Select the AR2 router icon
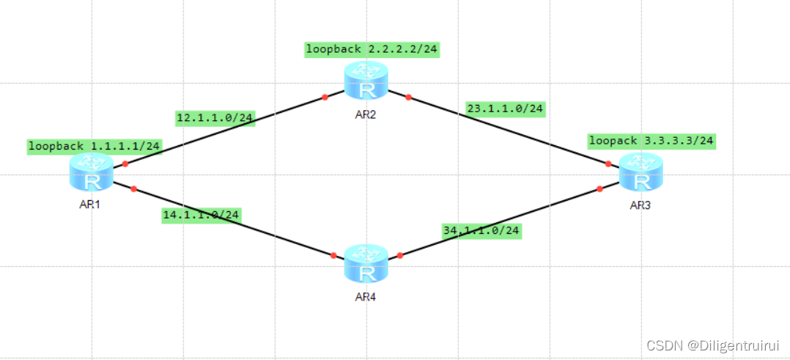pyautogui.click(x=366, y=81)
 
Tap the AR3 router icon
pyautogui.click(x=640, y=174)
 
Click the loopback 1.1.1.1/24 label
pyautogui.click(x=95, y=146)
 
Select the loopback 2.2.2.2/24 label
pyautogui.click(x=372, y=50)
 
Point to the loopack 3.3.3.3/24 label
pyautogui.click(x=652, y=140)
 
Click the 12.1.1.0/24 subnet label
pyautogui.click(x=215, y=118)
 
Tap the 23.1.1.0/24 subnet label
pyautogui.click(x=505, y=109)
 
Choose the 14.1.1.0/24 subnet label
pyautogui.click(x=202, y=215)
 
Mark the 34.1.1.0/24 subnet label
pyautogui.click(x=481, y=230)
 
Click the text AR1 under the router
pyautogui.click(x=89, y=204)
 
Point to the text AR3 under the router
pyautogui.click(x=640, y=205)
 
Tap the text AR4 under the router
pyautogui.click(x=365, y=297)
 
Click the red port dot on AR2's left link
pyautogui.click(x=325, y=97)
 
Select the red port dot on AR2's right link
pyautogui.click(x=408, y=97)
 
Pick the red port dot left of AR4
pyautogui.click(x=333, y=255)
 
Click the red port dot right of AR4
pyautogui.click(x=400, y=255)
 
